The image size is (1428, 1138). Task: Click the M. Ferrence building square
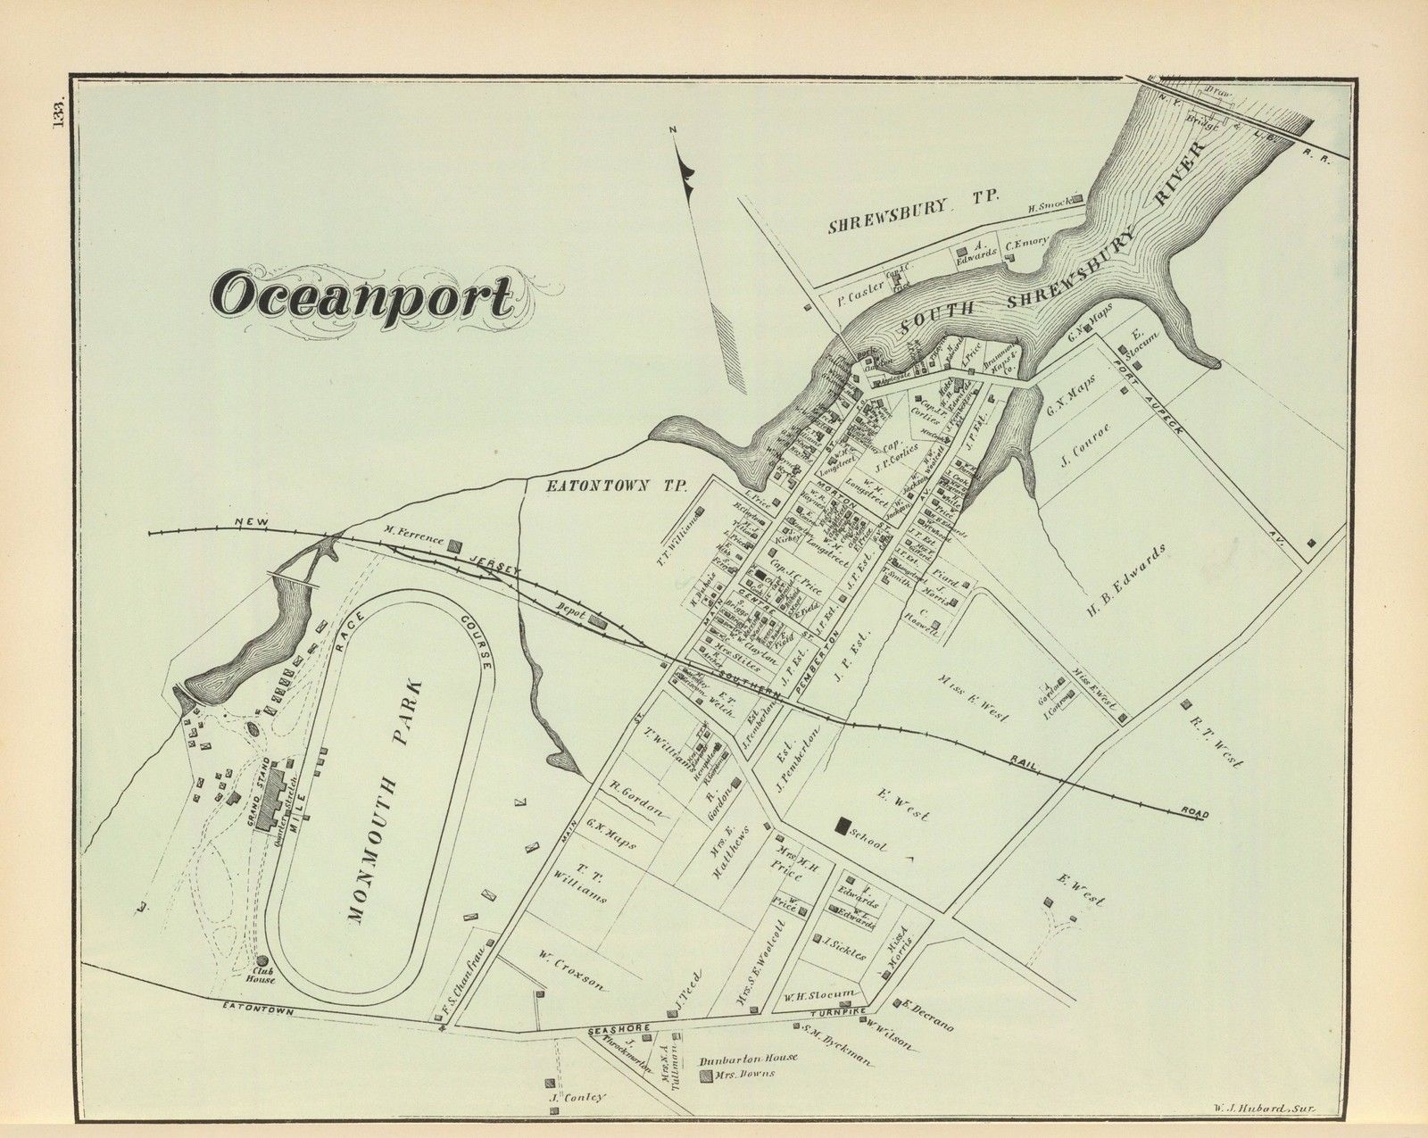[455, 544]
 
